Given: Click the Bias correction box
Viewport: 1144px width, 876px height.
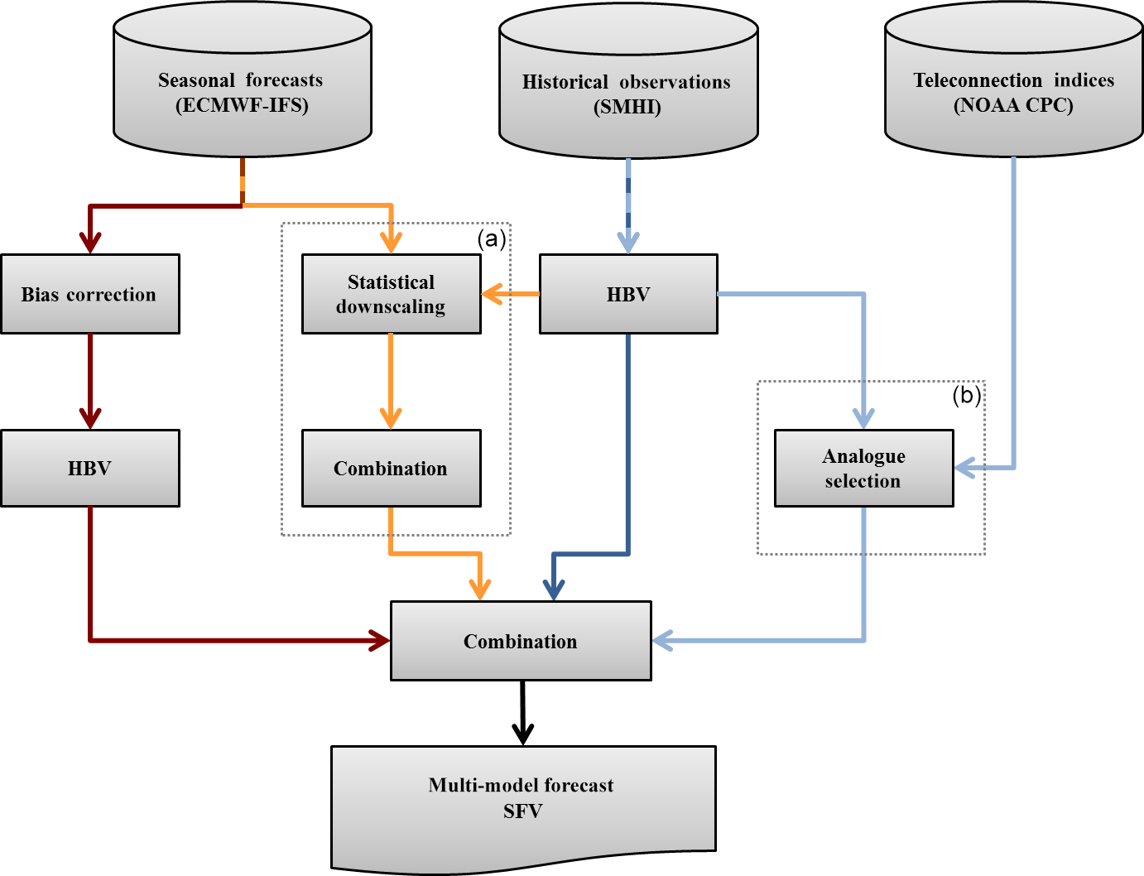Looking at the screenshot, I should click(x=89, y=294).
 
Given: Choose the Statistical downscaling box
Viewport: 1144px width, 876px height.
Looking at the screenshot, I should click(x=391, y=294).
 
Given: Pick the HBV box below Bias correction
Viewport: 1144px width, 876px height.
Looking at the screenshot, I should click(x=89, y=468).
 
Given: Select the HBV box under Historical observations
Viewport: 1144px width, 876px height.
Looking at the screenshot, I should click(x=628, y=294).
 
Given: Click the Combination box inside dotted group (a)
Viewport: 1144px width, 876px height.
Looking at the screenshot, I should click(x=391, y=468).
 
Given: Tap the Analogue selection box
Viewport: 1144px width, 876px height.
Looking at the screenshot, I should click(x=863, y=468).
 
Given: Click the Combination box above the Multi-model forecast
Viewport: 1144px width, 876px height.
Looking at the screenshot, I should click(x=521, y=641).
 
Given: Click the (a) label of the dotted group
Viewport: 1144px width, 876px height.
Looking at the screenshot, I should click(x=492, y=238).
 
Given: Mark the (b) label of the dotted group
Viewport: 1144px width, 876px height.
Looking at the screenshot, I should click(x=966, y=395).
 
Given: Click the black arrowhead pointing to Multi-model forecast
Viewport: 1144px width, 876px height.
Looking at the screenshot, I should click(x=522, y=734).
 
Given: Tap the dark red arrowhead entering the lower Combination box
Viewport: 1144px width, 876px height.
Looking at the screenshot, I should click(x=380, y=640).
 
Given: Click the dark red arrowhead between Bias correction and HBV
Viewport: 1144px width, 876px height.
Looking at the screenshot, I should click(x=89, y=417).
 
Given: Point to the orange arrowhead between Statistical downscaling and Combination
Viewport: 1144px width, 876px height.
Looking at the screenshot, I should click(x=391, y=417).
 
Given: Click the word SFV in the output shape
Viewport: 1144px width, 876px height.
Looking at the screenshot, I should click(x=522, y=811).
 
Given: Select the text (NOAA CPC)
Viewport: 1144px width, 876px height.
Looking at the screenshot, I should click(x=1013, y=106).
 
